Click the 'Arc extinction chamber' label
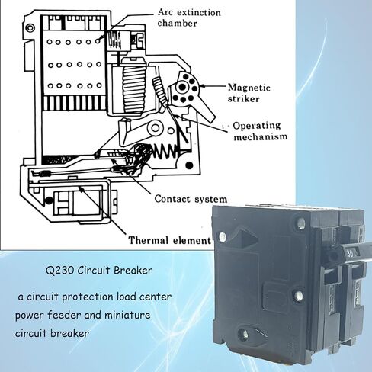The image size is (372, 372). pyautogui.click(x=189, y=18)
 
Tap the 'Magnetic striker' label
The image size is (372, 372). pyautogui.click(x=249, y=93)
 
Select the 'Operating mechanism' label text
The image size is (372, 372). pyautogui.click(x=261, y=131)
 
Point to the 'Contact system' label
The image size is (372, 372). pyautogui.click(x=191, y=199)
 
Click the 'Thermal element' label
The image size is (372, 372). pyautogui.click(x=170, y=240)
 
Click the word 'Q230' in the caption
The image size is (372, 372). pyautogui.click(x=60, y=271)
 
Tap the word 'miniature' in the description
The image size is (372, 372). pyautogui.click(x=127, y=315)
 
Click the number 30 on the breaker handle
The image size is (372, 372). pyautogui.click(x=350, y=253)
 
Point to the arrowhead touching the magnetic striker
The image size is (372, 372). pyautogui.click(x=202, y=86)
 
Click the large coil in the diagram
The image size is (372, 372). pyautogui.click(x=134, y=85)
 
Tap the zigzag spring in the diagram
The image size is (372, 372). pyautogui.click(x=165, y=152)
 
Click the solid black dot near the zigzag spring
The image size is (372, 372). pyautogui.click(x=189, y=165)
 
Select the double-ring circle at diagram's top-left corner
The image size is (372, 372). pyautogui.click(x=30, y=27)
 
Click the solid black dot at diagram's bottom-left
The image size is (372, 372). pyautogui.click(x=49, y=201)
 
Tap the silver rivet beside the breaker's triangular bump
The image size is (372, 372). pyautogui.click(x=222, y=236)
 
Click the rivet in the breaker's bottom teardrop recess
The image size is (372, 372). pyautogui.click(x=245, y=334)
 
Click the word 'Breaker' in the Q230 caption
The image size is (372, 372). pyautogui.click(x=133, y=271)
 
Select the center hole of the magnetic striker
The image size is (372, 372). pyautogui.click(x=182, y=87)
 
